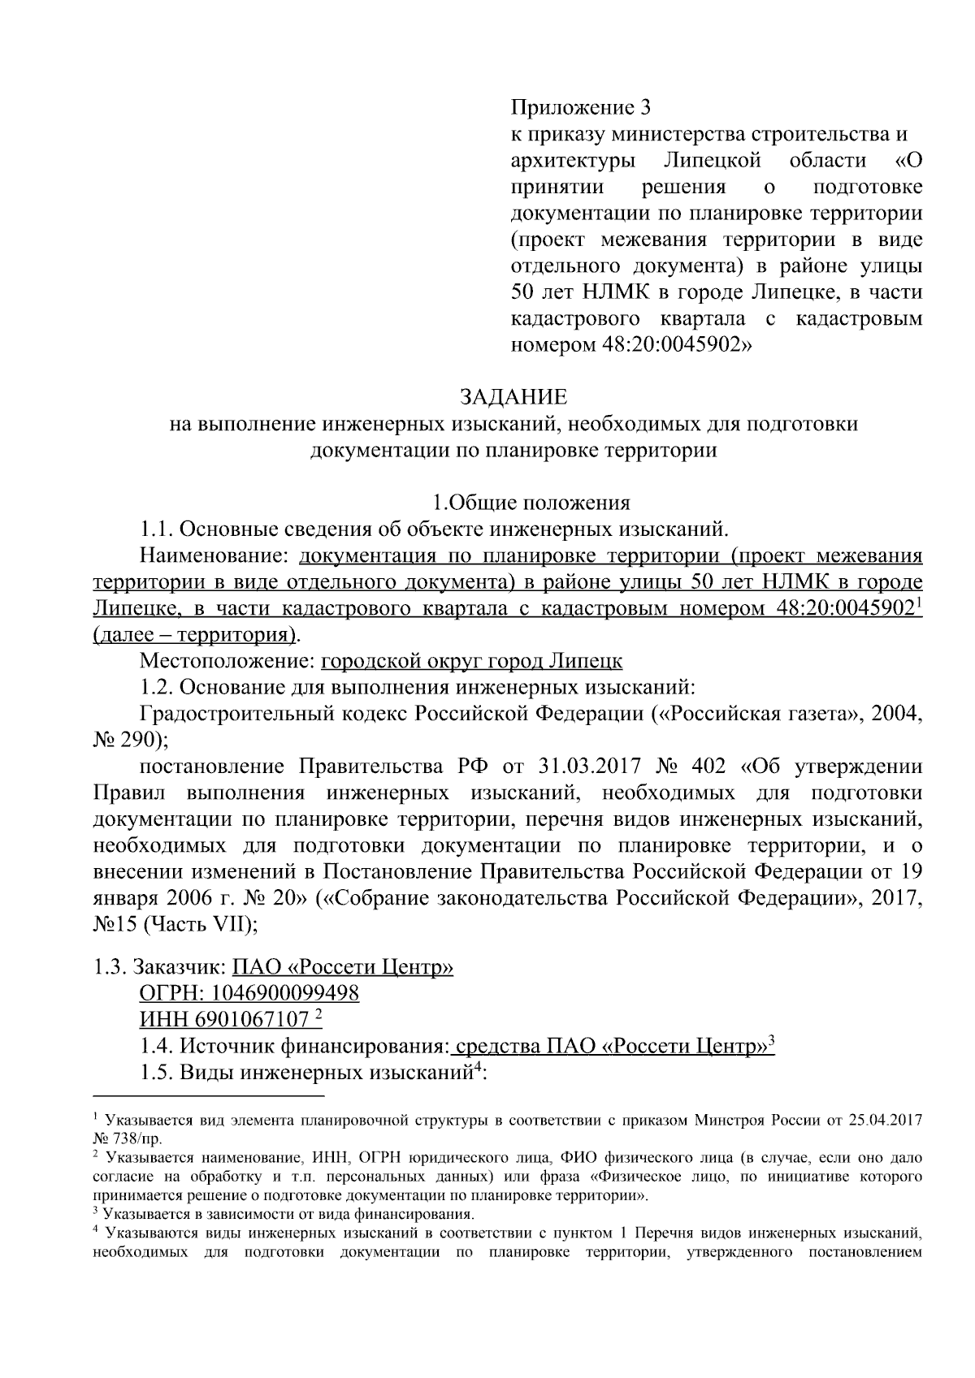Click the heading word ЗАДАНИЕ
click(513, 397)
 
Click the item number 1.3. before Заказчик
click(110, 967)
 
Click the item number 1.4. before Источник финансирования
click(157, 1047)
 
